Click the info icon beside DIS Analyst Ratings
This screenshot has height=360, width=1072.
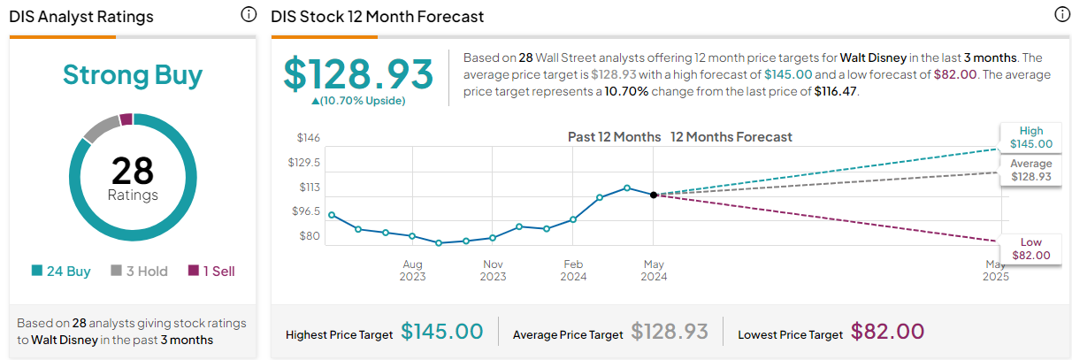click(249, 15)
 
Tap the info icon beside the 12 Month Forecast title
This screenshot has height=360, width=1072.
click(1061, 15)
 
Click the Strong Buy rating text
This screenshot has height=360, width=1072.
click(133, 75)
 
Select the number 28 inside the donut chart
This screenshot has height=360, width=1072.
click(133, 170)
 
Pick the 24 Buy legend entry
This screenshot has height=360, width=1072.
click(61, 272)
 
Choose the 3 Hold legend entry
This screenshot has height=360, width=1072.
click(139, 272)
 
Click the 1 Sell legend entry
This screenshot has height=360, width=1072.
click(211, 272)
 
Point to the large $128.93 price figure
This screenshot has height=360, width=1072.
click(358, 74)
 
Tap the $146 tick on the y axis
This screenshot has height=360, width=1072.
click(308, 138)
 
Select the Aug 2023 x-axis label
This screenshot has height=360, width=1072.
click(412, 271)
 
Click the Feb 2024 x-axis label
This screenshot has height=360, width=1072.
click(573, 271)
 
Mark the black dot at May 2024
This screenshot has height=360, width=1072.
click(653, 195)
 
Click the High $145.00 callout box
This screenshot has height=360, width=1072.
click(1030, 138)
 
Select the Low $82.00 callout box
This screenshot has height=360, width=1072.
click(1030, 249)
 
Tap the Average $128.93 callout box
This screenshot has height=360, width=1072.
click(1030, 171)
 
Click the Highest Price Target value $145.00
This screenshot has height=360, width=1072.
click(442, 332)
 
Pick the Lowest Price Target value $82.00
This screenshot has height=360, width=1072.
click(887, 332)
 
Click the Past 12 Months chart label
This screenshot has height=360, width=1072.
click(614, 137)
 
